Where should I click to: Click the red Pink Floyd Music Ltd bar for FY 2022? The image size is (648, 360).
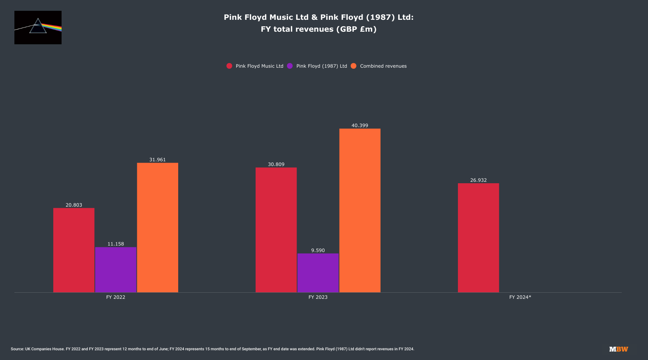74,250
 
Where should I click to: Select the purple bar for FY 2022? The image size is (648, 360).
116,270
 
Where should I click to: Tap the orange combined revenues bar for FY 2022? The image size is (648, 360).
158,228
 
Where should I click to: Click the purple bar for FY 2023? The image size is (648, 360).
318,273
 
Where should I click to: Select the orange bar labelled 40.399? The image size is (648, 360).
360,210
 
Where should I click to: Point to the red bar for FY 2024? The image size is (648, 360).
478,238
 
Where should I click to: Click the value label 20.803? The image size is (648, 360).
74,205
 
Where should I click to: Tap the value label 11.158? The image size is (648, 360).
116,244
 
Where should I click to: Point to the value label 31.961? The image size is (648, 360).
158,160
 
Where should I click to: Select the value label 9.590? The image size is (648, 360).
318,251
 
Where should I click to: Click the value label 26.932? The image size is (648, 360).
478,180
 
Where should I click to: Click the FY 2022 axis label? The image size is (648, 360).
116,297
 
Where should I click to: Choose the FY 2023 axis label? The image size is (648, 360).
318,297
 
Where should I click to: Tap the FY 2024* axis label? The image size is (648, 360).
520,297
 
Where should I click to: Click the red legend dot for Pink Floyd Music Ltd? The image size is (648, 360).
229,66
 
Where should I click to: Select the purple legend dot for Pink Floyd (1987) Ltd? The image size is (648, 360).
290,66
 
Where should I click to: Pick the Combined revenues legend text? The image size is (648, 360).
383,66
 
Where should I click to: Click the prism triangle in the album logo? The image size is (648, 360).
38,27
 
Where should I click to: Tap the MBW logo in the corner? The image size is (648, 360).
618,349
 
